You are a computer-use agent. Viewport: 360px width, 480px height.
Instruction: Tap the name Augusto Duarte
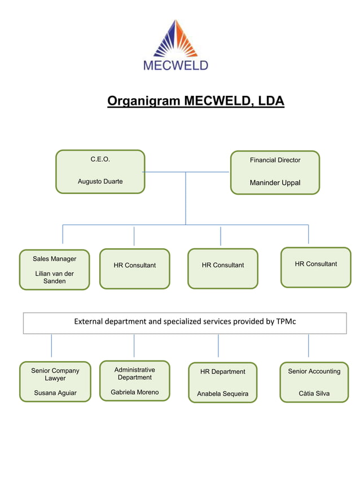coord(100,182)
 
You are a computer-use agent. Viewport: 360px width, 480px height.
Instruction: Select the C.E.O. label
coord(100,160)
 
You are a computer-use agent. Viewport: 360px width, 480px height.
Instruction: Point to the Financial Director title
coord(275,160)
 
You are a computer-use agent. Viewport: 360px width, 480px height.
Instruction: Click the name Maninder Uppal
coord(275,183)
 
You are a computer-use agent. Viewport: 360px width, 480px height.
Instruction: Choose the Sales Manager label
coord(54,259)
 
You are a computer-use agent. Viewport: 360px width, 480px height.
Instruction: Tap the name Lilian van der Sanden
coord(54,278)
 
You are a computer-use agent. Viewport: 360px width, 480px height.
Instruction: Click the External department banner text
coord(185,322)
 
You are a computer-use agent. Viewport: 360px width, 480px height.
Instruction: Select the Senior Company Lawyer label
coord(55,375)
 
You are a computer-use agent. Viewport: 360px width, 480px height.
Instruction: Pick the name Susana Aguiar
coord(55,393)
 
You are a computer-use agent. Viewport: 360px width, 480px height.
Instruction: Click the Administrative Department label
coord(134,373)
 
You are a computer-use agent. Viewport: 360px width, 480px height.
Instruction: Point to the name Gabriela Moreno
coord(134,392)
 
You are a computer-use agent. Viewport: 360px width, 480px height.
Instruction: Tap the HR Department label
coord(222,372)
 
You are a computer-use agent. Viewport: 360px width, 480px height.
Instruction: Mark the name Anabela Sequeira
coord(222,394)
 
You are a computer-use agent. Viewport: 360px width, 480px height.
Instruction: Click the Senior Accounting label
coord(314,371)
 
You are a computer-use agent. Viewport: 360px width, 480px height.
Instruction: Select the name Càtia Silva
coord(314,393)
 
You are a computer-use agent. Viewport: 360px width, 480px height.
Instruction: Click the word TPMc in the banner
coord(286,322)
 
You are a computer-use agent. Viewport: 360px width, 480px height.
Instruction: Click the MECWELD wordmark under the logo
coord(175,65)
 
